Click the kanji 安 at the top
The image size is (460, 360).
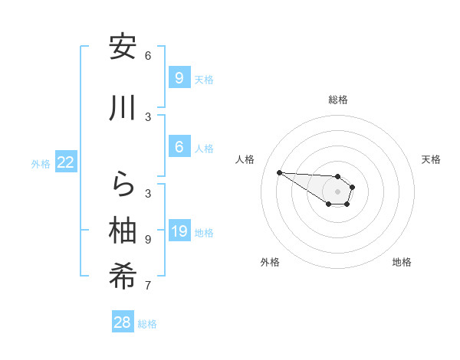(123, 47)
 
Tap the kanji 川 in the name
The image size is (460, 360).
(123, 109)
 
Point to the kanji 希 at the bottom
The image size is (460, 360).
(123, 277)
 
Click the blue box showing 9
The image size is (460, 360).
(179, 77)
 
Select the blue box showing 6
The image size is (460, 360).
(179, 147)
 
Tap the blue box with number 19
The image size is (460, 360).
(179, 231)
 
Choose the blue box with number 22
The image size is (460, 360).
(66, 162)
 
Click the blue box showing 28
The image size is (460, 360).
(123, 322)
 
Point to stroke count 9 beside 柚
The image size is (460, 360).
(148, 240)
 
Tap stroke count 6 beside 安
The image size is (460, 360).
(148, 56)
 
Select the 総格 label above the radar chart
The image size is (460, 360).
(338, 100)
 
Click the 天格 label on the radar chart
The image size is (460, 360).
(431, 159)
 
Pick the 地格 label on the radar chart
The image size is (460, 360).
(402, 262)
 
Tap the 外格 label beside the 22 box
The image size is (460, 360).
(41, 163)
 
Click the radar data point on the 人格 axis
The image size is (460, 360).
(279, 172)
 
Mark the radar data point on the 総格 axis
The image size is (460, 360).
(338, 177)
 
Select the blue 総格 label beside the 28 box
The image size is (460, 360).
(147, 324)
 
